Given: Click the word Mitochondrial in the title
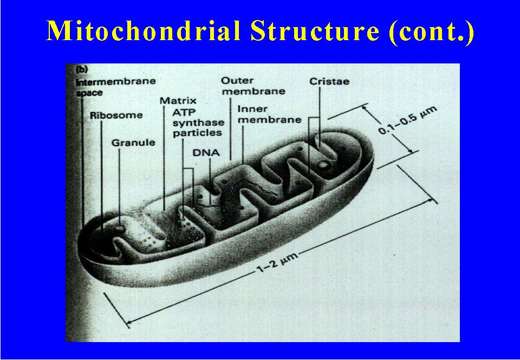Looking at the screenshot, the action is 143,30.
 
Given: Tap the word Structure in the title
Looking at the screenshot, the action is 315,31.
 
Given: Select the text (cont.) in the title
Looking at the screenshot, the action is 432,32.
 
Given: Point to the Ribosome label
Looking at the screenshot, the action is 116,115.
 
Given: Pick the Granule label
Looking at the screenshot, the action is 133,143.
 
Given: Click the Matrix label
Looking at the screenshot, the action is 178,100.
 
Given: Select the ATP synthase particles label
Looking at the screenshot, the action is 198,123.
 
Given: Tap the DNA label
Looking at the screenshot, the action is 206,153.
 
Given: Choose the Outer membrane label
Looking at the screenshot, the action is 253,86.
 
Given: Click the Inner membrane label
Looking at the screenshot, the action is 269,114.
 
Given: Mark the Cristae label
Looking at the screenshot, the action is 329,81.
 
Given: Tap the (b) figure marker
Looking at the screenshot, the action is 81,70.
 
